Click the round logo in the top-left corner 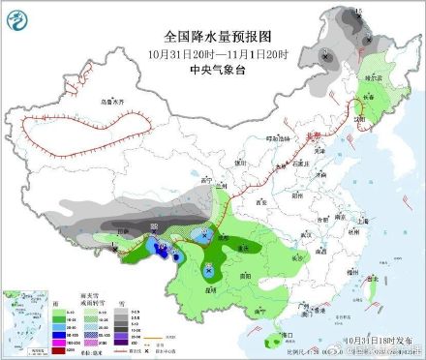point(18,17)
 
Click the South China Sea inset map point(17,319)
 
